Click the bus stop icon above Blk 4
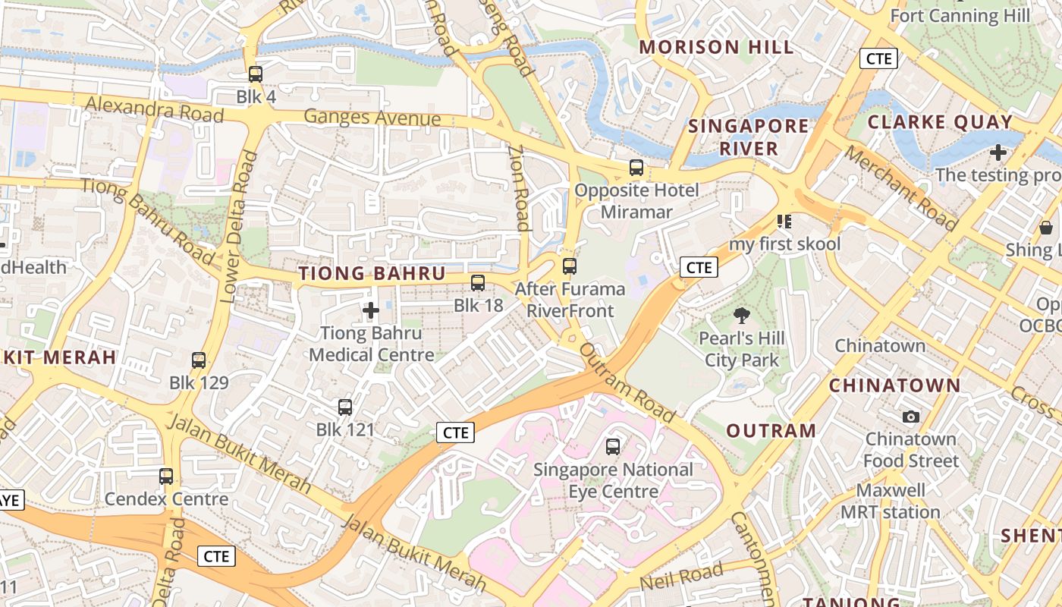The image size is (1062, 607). (x=256, y=74)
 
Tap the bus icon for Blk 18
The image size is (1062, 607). (x=478, y=283)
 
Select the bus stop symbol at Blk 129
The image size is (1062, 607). (x=199, y=360)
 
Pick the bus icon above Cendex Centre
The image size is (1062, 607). (x=166, y=476)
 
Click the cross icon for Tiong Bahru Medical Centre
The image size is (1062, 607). (x=371, y=310)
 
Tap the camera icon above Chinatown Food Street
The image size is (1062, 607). (x=911, y=417)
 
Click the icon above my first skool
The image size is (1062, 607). (x=784, y=222)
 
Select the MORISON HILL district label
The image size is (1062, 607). (x=716, y=47)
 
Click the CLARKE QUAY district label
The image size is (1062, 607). (x=940, y=122)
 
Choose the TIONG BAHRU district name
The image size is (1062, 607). (x=372, y=274)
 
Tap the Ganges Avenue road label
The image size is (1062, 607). (x=372, y=118)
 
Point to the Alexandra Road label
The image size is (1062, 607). (x=154, y=109)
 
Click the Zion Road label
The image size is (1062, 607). (x=519, y=187)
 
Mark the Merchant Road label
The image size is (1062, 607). (x=900, y=187)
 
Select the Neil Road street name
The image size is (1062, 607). (x=681, y=577)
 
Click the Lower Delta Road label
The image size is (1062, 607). (x=238, y=228)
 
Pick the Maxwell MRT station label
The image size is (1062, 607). (x=891, y=502)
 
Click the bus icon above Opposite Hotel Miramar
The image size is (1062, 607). (x=636, y=168)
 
